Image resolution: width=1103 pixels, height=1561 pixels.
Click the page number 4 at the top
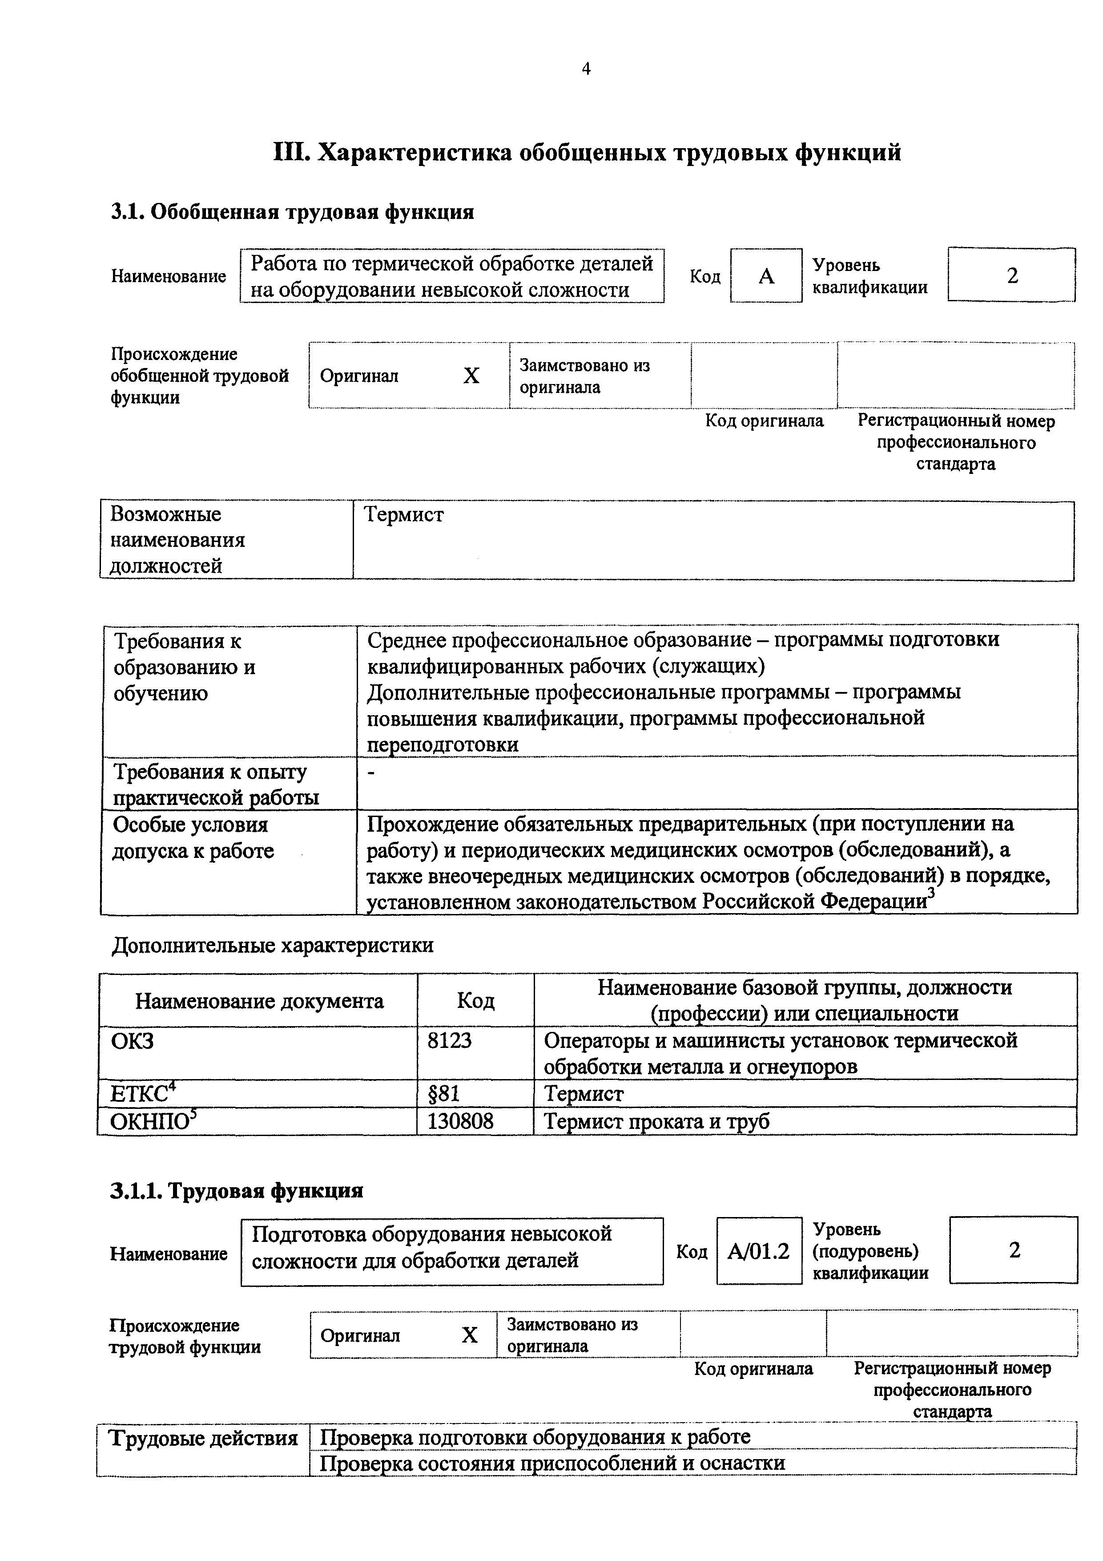tap(586, 69)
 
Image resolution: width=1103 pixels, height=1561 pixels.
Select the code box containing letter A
tap(766, 276)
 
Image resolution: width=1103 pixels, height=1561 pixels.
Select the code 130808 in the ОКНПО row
tap(460, 1121)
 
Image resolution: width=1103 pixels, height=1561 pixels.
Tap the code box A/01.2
tap(758, 1251)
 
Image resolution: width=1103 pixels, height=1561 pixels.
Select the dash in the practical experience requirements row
tap(370, 773)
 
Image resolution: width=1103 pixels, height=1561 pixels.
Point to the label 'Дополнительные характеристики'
tap(272, 945)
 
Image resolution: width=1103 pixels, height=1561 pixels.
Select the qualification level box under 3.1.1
tap(1013, 1250)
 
